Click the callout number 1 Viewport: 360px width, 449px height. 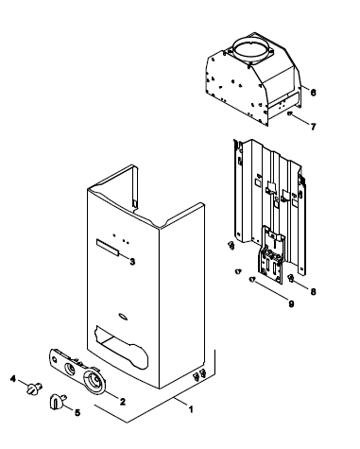click(190, 409)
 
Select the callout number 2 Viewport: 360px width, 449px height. click(123, 402)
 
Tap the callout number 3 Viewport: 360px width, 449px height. click(132, 261)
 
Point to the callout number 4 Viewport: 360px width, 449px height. click(13, 378)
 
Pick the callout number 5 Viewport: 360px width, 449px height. click(77, 412)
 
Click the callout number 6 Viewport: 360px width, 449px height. click(313, 93)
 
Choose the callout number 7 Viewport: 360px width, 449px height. click(313, 127)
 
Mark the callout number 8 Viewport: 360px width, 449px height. click(313, 292)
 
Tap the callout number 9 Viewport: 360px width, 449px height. click(291, 304)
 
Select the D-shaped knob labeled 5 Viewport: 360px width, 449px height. click(57, 402)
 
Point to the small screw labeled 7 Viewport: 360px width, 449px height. click(290, 113)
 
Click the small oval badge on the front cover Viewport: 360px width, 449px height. click(123, 317)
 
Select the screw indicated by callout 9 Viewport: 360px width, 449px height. click(252, 280)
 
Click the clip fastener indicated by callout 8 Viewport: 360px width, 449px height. click(292, 278)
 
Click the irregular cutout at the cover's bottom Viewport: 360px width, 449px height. click(123, 348)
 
